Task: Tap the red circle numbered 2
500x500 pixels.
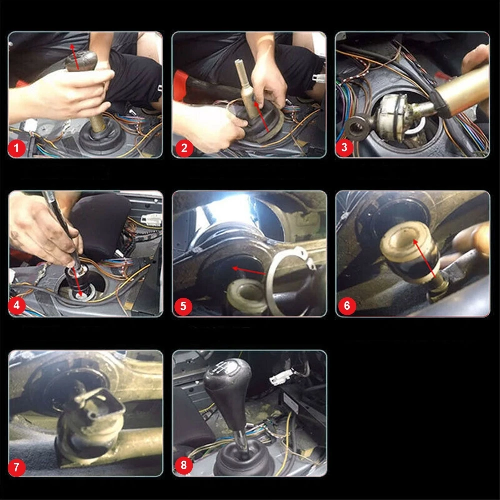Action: point(184,148)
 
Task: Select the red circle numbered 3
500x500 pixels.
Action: point(345,148)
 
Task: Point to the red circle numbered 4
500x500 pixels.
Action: point(17,305)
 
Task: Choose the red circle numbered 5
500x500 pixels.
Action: point(183,306)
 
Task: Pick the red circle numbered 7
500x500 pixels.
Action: point(17,467)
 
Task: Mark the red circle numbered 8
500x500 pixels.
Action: point(183,466)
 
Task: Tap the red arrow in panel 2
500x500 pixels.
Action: point(263,118)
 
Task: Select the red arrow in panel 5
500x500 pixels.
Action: point(249,271)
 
